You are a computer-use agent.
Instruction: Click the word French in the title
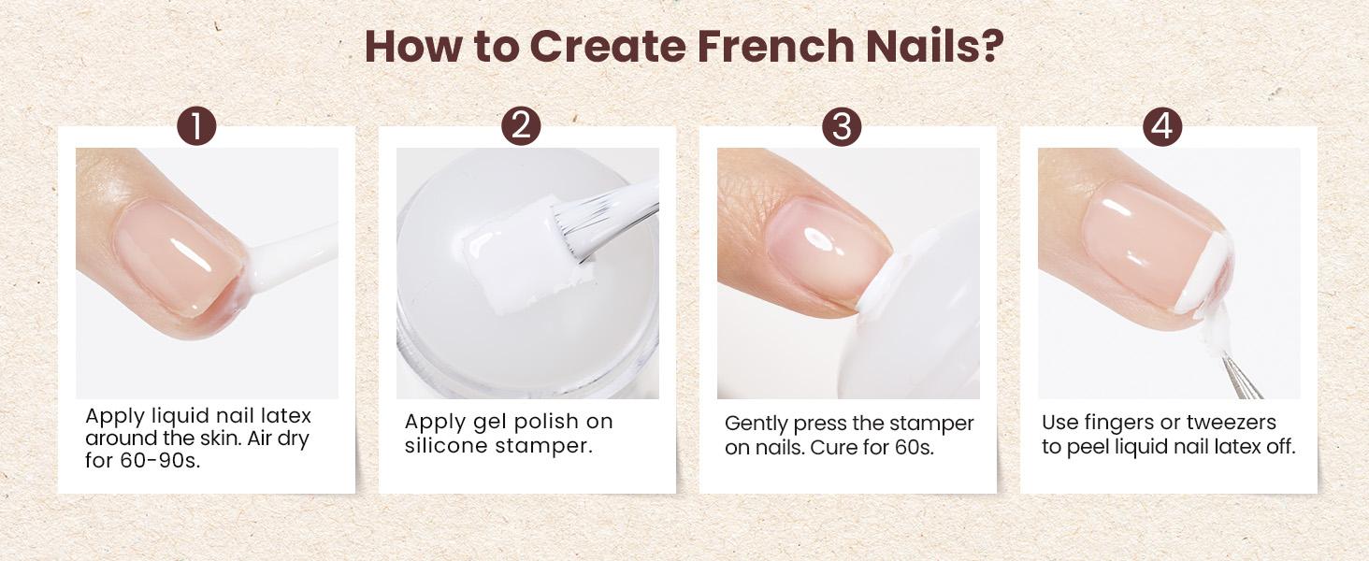(775, 46)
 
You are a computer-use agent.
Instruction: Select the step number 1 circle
(196, 126)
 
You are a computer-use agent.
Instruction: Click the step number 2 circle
(521, 126)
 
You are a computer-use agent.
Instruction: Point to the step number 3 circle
(842, 126)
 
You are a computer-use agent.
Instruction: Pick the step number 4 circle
(1161, 126)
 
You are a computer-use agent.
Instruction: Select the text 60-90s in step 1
(160, 461)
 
